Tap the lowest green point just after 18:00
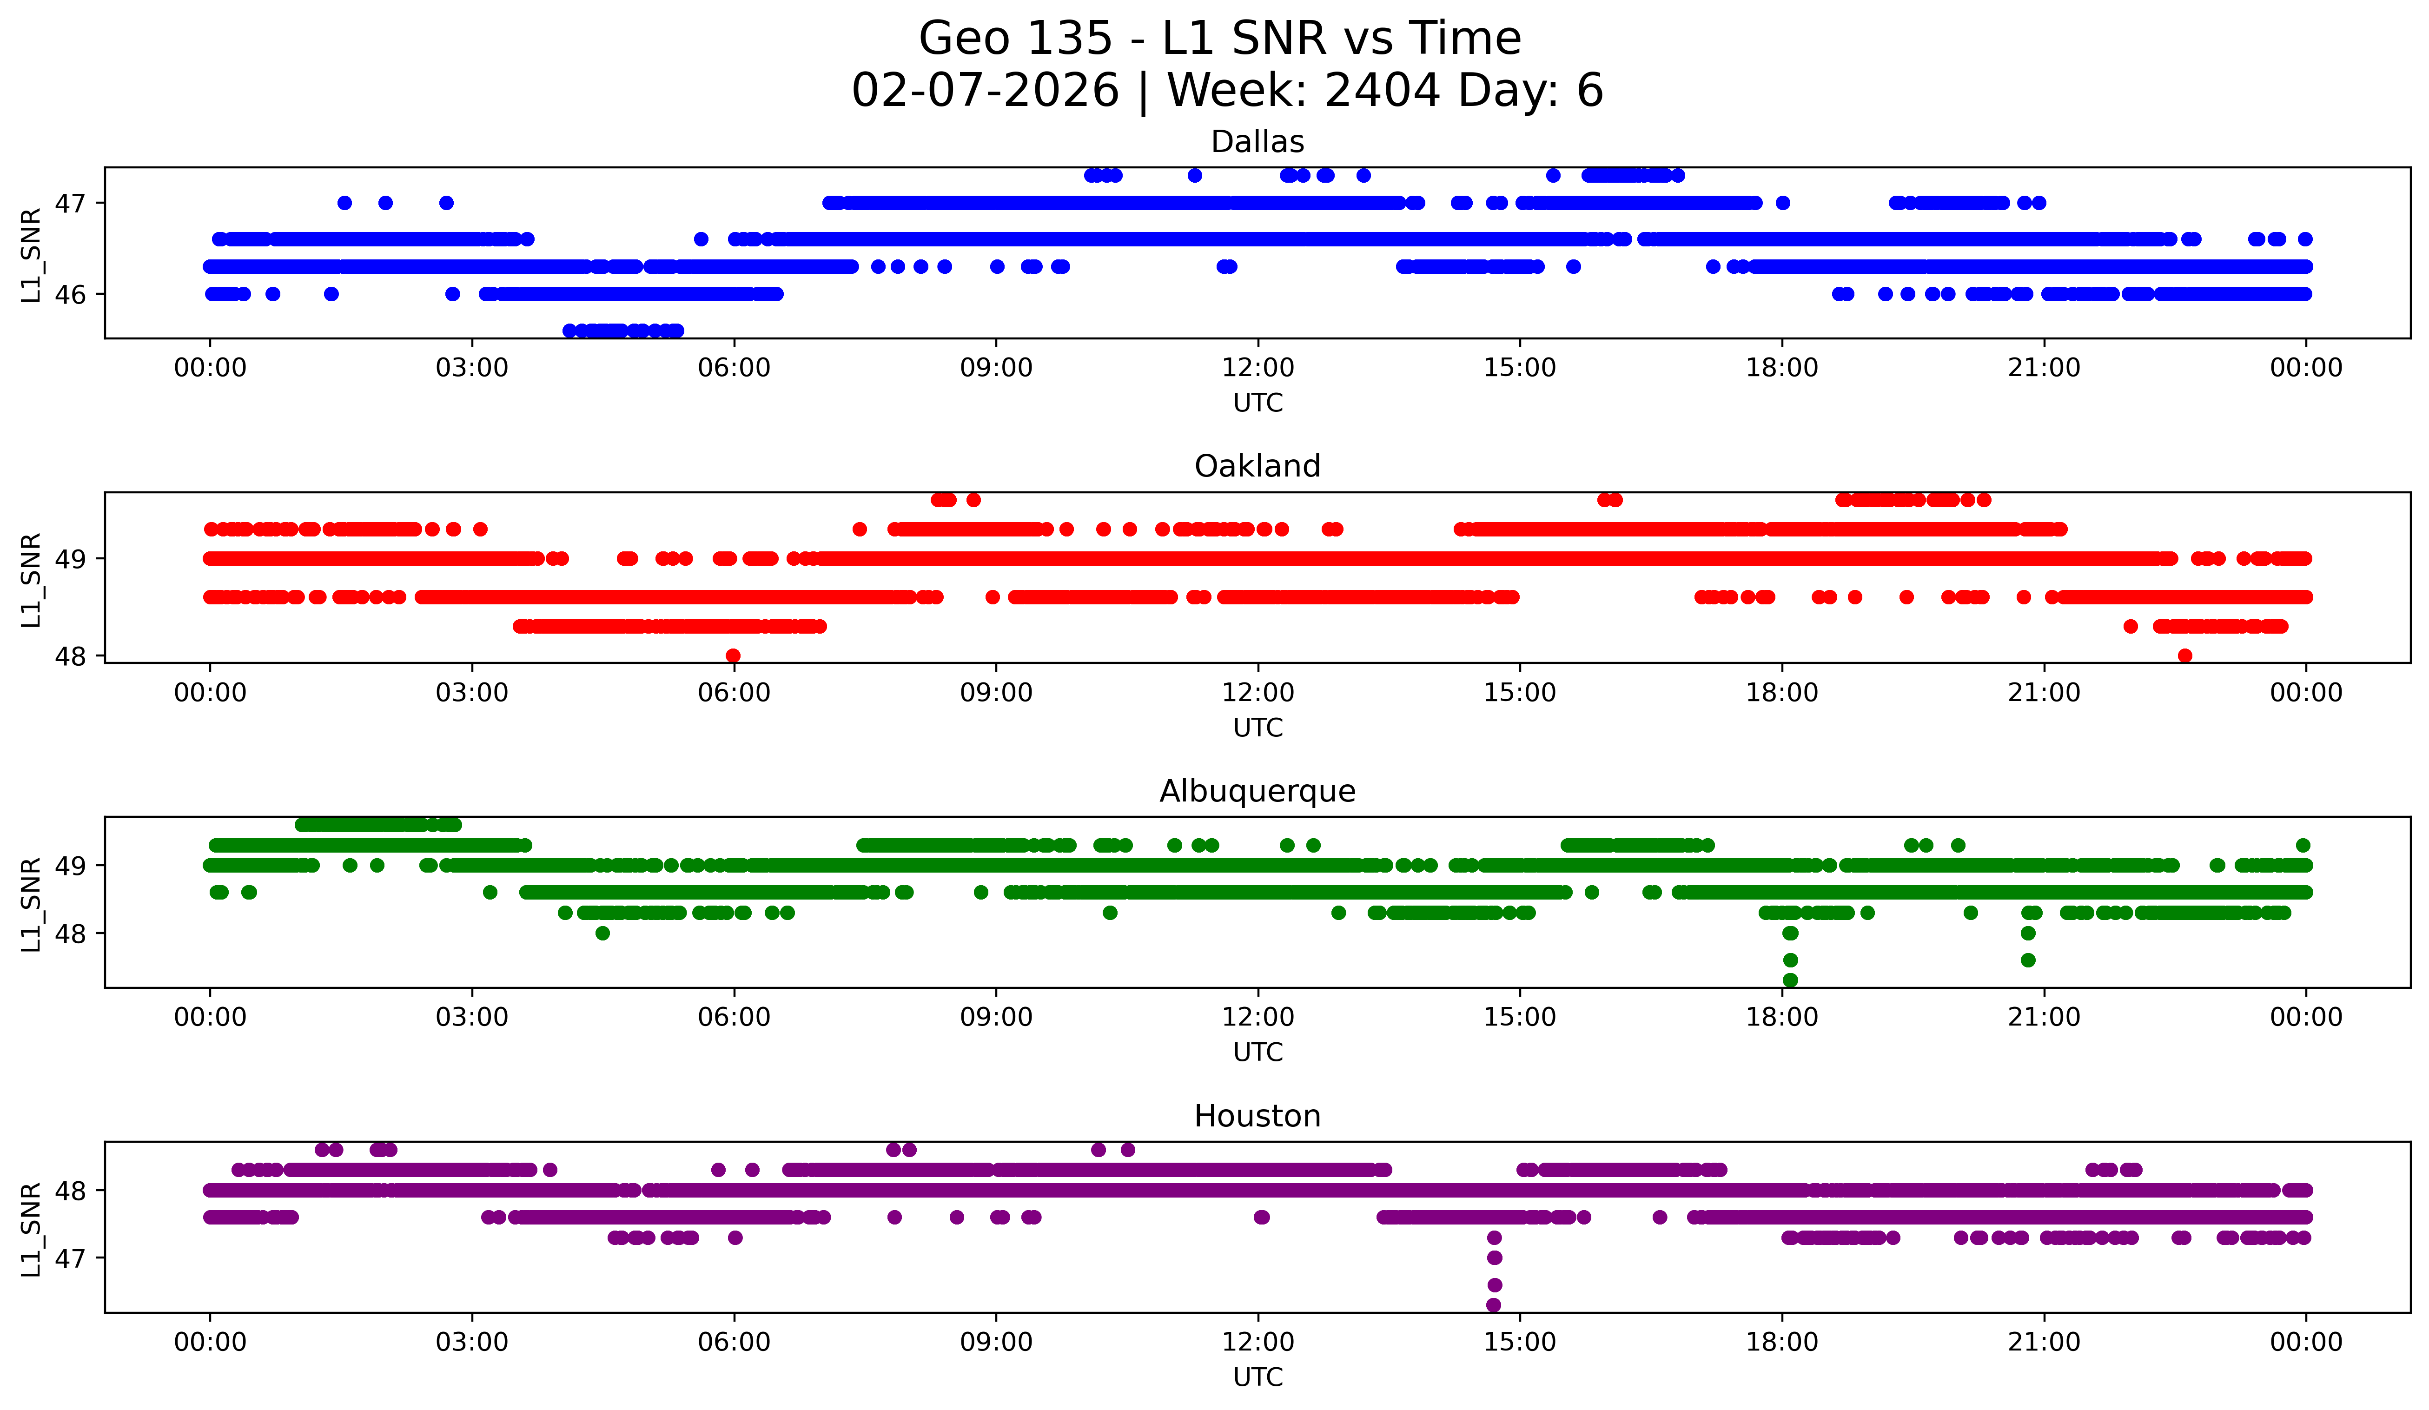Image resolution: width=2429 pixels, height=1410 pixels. [x=1790, y=980]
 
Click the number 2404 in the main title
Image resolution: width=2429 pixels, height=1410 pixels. [x=1382, y=91]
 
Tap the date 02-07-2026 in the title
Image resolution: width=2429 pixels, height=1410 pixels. [x=985, y=91]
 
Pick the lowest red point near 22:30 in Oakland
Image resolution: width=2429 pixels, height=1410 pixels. [x=2185, y=655]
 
